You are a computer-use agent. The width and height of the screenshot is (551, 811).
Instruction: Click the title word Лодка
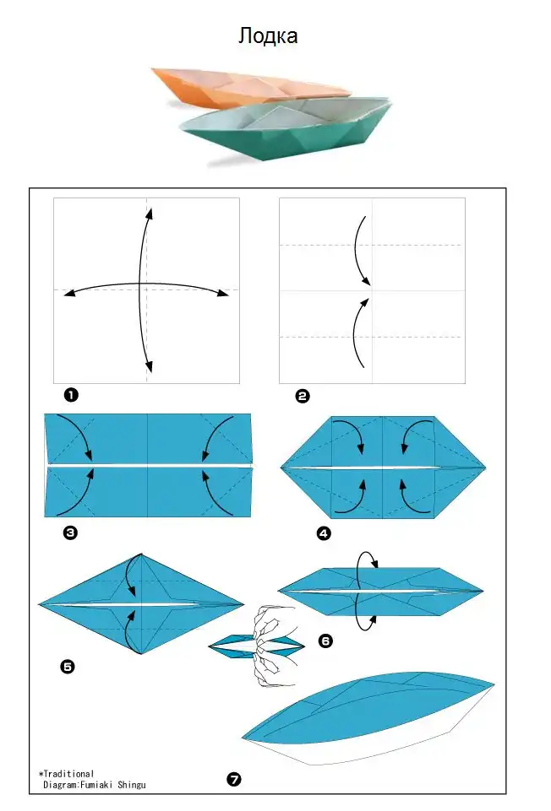(x=268, y=35)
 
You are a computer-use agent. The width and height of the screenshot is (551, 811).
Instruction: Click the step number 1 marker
(x=71, y=395)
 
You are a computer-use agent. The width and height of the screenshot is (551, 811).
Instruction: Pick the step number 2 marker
(x=303, y=396)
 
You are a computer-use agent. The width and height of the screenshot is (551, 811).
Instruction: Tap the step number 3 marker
(x=70, y=533)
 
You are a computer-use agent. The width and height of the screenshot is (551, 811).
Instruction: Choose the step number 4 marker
(x=325, y=533)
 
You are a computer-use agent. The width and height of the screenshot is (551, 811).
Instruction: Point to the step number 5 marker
(x=68, y=667)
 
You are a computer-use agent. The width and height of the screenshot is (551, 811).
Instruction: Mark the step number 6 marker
(x=325, y=641)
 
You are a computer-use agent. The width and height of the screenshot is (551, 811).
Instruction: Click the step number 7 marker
(x=234, y=779)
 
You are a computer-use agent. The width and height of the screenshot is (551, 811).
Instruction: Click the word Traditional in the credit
(x=68, y=774)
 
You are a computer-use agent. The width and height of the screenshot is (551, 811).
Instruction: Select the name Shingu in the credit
(x=132, y=785)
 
